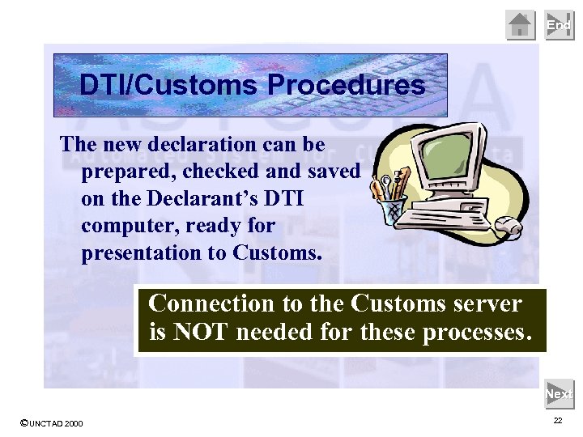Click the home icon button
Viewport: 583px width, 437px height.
click(x=521, y=25)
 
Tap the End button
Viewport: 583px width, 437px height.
click(x=559, y=25)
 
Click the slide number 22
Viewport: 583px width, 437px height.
click(x=558, y=421)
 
